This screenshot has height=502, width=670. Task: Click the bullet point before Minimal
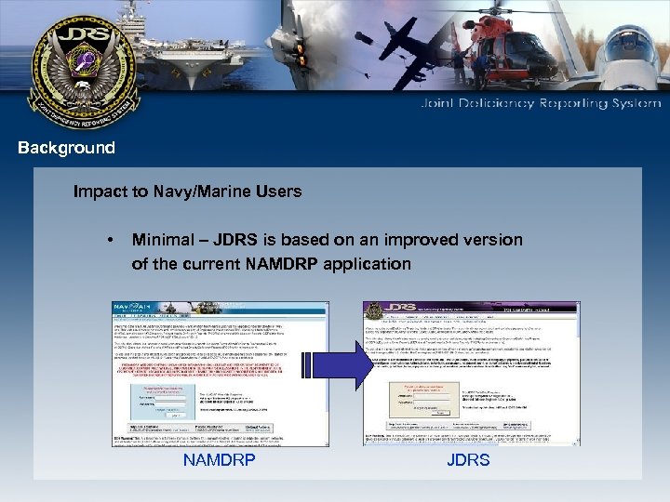(110, 241)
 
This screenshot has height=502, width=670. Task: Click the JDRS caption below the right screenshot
(468, 459)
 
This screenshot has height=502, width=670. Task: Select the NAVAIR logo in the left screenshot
(133, 309)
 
